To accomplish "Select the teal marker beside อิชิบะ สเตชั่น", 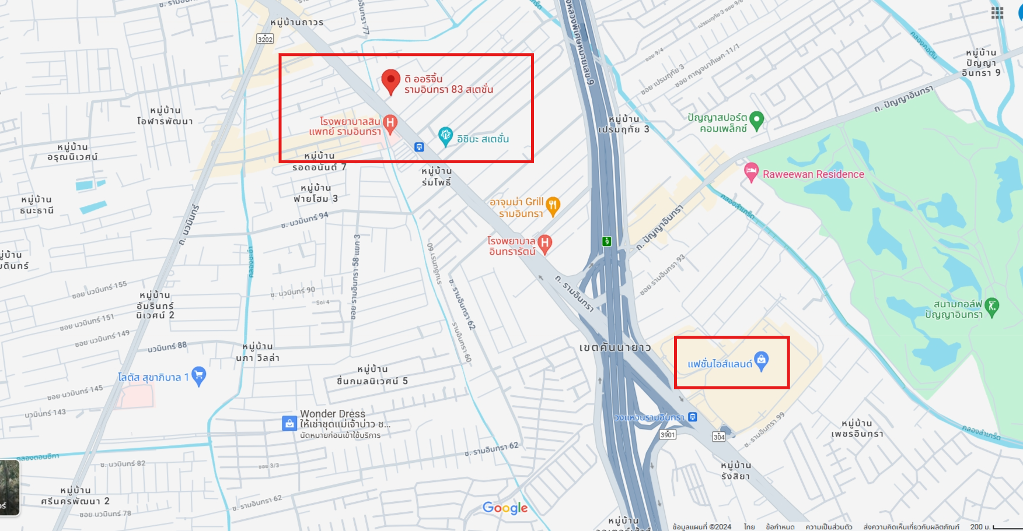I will coord(445,136).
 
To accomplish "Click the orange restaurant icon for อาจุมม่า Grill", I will coord(553,205).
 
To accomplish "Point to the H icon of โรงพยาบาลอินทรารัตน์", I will coord(544,244).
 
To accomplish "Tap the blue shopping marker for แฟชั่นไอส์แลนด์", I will coord(761,360).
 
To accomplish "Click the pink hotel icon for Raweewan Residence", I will coord(751,172).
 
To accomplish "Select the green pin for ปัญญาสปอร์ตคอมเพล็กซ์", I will coord(756,120).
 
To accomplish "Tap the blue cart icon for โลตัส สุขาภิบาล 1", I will coord(198,376).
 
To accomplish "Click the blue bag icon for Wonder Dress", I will coord(289,423).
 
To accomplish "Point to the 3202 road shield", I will coord(265,39).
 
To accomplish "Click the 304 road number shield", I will coord(719,437).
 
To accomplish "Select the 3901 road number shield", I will coord(668,434).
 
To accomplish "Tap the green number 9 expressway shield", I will coord(607,241).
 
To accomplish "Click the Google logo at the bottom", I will coord(505,508).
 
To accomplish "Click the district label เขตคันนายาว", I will coord(615,347).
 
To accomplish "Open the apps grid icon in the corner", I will coord(997,13).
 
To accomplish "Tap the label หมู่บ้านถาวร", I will coord(296,22).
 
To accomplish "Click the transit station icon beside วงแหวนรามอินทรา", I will coord(693,417).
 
